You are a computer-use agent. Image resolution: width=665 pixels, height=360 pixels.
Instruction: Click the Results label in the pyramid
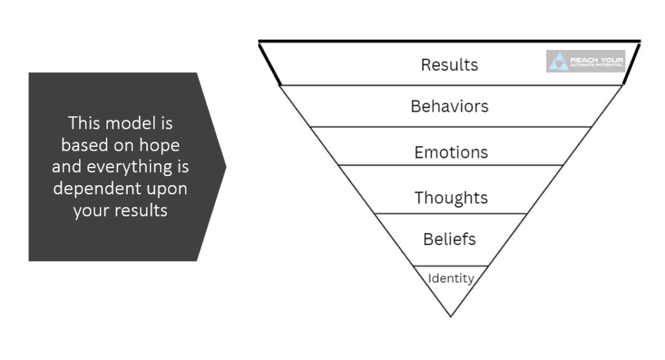point(449,65)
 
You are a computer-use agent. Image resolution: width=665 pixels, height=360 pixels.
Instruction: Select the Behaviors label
point(449,106)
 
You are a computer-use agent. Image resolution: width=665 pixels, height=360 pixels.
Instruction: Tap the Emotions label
point(451,152)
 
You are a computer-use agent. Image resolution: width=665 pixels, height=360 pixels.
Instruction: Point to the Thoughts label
point(451,197)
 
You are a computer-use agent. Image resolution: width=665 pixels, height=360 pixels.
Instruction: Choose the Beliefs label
point(449,239)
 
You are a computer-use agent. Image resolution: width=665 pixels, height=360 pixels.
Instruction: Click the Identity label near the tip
point(451,279)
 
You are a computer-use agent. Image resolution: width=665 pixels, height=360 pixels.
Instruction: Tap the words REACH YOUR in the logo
point(596,60)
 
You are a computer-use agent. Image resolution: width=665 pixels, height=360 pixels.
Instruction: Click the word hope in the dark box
point(162,145)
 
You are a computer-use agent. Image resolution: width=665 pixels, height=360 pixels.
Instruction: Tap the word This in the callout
point(84,123)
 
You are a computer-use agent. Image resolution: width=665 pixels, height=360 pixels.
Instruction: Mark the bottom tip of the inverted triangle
point(451,316)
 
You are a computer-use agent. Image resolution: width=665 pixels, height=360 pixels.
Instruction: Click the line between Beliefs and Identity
point(451,266)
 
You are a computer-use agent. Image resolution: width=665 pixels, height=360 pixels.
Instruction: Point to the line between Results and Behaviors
point(451,85)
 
